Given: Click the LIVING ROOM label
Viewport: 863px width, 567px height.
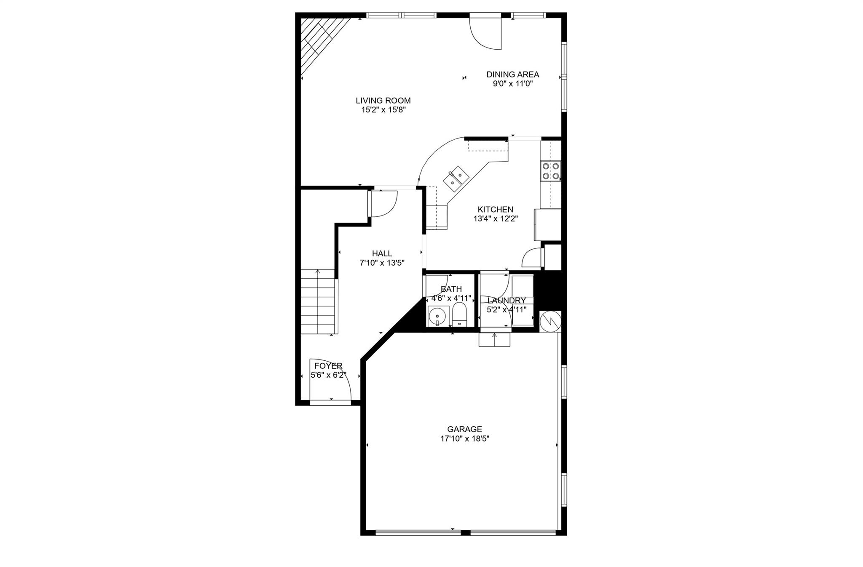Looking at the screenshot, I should tap(383, 101).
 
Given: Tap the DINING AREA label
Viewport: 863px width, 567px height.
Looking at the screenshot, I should tap(512, 75).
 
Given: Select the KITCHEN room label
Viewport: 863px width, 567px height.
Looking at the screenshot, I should tap(495, 209).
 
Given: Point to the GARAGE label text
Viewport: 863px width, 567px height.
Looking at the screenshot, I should tap(464, 429).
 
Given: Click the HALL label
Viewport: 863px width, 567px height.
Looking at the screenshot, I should tap(382, 253).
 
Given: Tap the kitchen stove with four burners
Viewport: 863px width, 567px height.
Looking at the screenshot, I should tap(551, 171).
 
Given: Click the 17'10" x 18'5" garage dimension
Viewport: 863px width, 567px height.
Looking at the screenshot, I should tap(464, 439).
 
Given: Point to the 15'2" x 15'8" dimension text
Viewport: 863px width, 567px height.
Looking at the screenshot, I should tap(383, 110).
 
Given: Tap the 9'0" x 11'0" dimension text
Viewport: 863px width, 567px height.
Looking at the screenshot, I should tap(512, 84).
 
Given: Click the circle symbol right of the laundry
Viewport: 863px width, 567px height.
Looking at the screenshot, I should tap(550, 321).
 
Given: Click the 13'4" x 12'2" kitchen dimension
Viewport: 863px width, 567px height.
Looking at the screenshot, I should tap(495, 218).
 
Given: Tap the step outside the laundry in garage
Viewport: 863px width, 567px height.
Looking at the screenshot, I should tap(494, 339).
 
